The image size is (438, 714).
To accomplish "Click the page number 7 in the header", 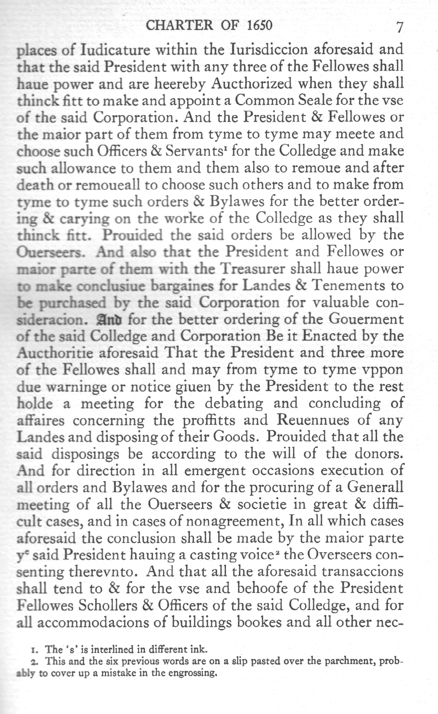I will click(x=400, y=27).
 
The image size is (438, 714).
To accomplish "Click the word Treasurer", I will click(x=253, y=269).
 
